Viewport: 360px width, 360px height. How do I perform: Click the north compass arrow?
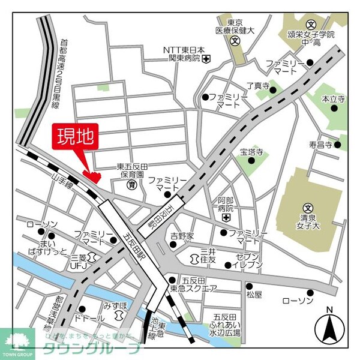(328, 327)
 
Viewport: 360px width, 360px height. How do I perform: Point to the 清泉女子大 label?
(308, 221)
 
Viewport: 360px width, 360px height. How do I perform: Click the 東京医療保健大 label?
(235, 25)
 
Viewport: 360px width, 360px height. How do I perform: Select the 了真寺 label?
(259, 86)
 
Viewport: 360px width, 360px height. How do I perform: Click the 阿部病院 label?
(225, 205)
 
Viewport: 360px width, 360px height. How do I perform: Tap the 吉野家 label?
(182, 236)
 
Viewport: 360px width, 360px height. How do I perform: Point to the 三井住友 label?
(208, 256)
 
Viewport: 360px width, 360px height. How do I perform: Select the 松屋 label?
(254, 295)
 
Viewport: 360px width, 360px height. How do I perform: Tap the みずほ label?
(115, 305)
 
